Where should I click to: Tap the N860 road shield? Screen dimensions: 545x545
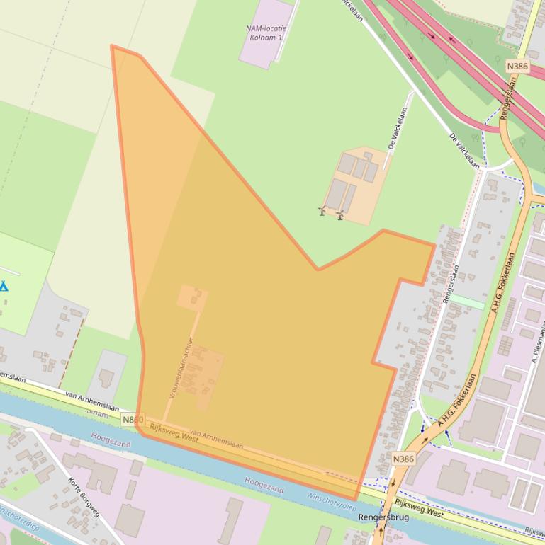pyautogui.click(x=133, y=420)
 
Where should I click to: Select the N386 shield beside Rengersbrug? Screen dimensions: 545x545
pyautogui.click(x=403, y=459)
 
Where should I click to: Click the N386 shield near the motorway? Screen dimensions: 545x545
pyautogui.click(x=517, y=66)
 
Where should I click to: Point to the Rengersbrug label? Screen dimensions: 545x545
pyautogui.click(x=384, y=517)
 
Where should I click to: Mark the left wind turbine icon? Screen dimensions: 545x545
pyautogui.click(x=322, y=211)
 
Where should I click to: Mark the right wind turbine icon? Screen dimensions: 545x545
pyautogui.click(x=340, y=214)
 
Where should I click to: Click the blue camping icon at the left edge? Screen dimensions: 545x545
pyautogui.click(x=4, y=287)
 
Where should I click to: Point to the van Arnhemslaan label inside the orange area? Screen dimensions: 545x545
pyautogui.click(x=217, y=440)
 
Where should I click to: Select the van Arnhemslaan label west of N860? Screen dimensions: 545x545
pyautogui.click(x=92, y=402)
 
